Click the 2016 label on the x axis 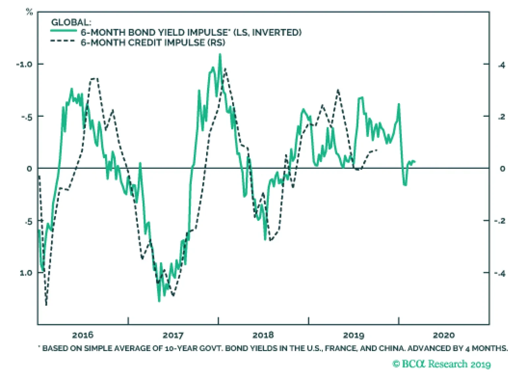pyautogui.click(x=83, y=335)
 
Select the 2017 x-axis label pyautogui.click(x=173, y=335)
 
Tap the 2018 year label pyautogui.click(x=263, y=335)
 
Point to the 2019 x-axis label pyautogui.click(x=353, y=335)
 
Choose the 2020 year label pyautogui.click(x=444, y=335)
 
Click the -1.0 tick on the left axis pyautogui.click(x=24, y=64)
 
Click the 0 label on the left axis pyautogui.click(x=29, y=168)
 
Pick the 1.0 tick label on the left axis pyautogui.click(x=26, y=273)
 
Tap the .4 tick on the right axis pyautogui.click(x=501, y=65)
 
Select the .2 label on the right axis pyautogui.click(x=501, y=117)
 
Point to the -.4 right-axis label pyautogui.click(x=500, y=273)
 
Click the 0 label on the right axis pyautogui.click(x=502, y=169)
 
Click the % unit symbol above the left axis pyautogui.click(x=29, y=12)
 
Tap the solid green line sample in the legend pyautogui.click(x=64, y=31)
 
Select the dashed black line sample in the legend pyautogui.click(x=64, y=41)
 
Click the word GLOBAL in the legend pyautogui.click(x=71, y=22)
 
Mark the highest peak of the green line pyautogui.click(x=220, y=54)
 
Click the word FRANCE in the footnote pyautogui.click(x=340, y=348)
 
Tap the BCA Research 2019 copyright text pyautogui.click(x=441, y=364)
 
